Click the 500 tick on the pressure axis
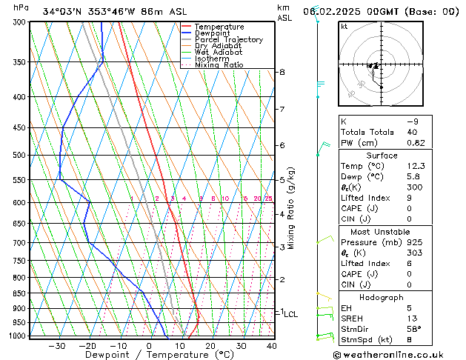tap(19, 156)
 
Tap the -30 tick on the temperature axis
tap(57, 346)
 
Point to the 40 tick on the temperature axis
tap(272, 346)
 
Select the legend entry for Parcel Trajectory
tap(228, 40)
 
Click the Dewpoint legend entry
tap(215, 33)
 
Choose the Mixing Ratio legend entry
tap(219, 65)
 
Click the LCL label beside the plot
tap(290, 314)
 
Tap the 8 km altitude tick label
tap(282, 72)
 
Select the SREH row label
tap(353, 319)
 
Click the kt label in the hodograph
tap(344, 27)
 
